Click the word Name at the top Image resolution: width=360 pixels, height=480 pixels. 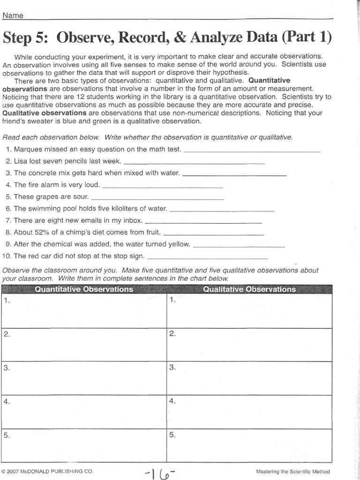tap(13, 15)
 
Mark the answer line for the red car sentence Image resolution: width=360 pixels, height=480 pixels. tap(207, 257)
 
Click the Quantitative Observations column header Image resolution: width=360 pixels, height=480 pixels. tap(84, 289)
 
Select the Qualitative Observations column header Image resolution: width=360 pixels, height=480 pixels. tap(249, 289)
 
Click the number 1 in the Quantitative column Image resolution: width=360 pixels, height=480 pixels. tap(7, 301)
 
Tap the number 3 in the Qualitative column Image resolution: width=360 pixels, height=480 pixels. tap(172, 367)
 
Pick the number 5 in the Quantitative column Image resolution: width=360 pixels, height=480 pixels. tap(7, 435)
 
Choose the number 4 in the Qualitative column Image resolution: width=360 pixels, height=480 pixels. tap(172, 401)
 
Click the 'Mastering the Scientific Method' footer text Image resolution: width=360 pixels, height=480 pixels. tap(293, 471)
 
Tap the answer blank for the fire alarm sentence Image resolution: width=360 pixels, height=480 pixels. tap(162, 186)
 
